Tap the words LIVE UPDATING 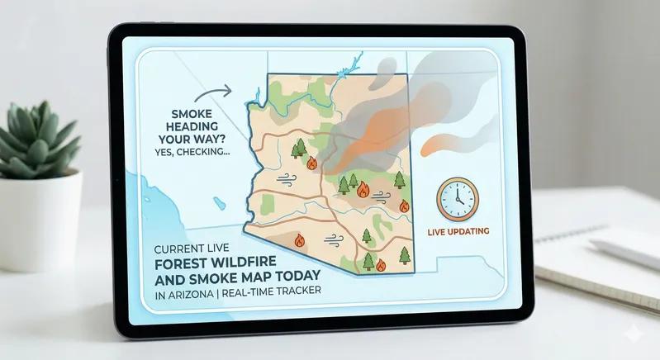458,230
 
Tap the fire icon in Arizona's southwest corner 300,240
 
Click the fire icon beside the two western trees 311,163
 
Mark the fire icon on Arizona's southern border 381,265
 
